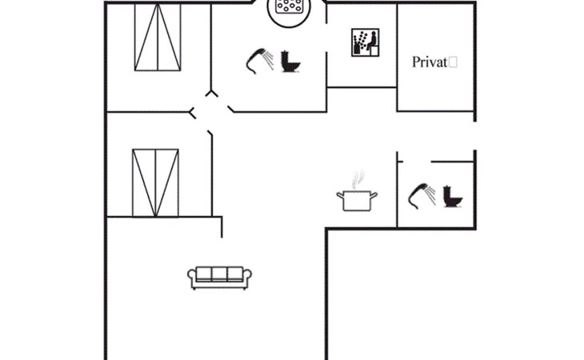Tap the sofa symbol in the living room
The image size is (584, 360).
(x=220, y=277)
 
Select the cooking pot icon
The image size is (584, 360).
(x=357, y=200)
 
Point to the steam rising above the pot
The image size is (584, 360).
(x=358, y=178)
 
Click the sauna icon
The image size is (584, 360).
(x=363, y=42)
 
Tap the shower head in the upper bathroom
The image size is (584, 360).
(x=259, y=58)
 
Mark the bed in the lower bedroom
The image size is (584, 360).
(x=154, y=182)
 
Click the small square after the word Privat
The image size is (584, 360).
(x=453, y=61)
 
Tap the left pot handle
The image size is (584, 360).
(x=339, y=194)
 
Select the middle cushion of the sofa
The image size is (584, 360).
(x=220, y=274)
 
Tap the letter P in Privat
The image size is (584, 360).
(x=416, y=62)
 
